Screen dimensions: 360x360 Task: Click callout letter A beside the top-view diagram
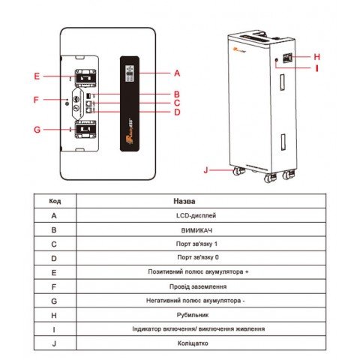pos(177,73)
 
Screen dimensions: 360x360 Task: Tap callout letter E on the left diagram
pos(36,76)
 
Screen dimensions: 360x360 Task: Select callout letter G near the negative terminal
pos(36,130)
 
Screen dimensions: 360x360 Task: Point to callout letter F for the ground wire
pos(36,100)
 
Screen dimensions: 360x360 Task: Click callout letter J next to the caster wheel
pos(206,170)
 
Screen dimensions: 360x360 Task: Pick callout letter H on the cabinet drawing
pos(317,56)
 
